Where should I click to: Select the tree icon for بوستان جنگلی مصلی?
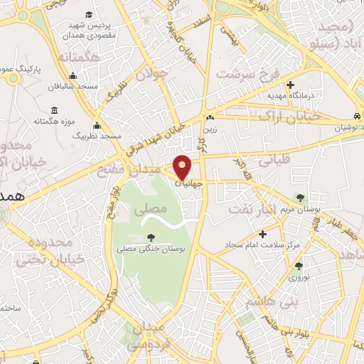pyautogui.click(x=149, y=237)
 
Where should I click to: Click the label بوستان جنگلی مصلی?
pyautogui.click(x=149, y=250)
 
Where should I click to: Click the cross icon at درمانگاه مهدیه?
pyautogui.click(x=290, y=85)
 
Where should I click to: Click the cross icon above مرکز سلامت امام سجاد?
pyautogui.click(x=262, y=233)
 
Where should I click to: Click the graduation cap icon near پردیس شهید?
pyautogui.click(x=89, y=14)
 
